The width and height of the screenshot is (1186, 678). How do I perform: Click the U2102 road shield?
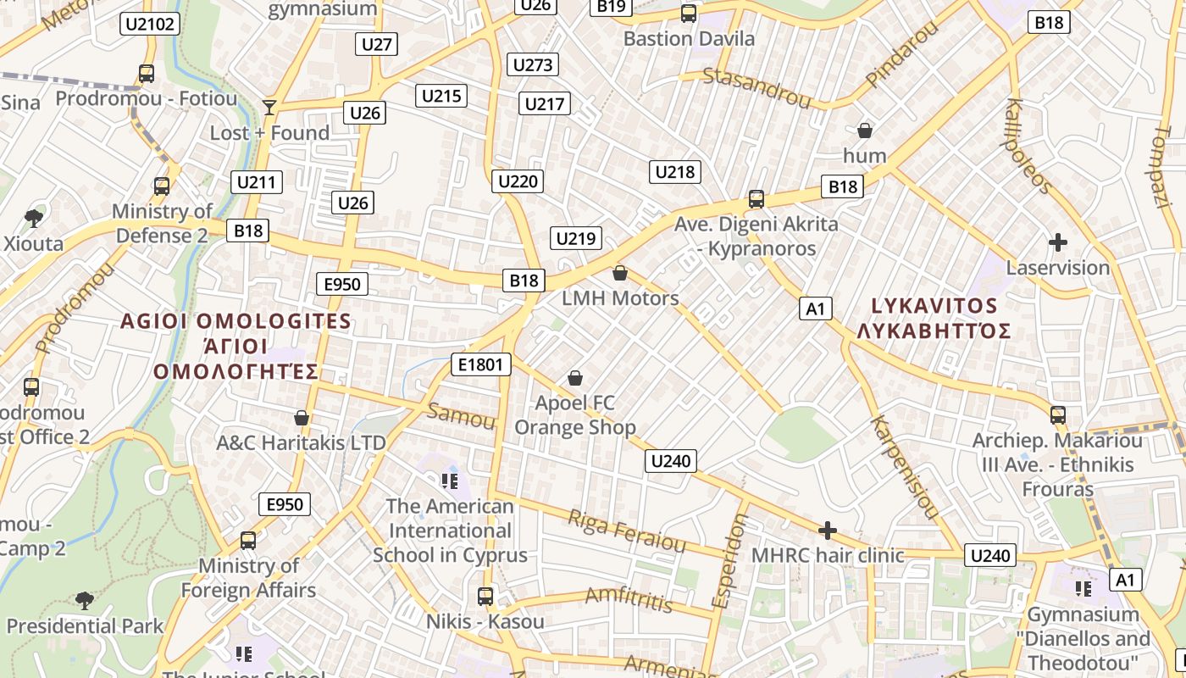tap(150, 24)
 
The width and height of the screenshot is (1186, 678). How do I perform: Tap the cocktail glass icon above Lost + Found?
tap(269, 107)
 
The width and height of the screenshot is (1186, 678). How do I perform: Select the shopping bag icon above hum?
tap(865, 131)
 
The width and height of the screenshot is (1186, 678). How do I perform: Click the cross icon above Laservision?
tap(1057, 242)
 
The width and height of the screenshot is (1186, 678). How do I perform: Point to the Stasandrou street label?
tap(756, 87)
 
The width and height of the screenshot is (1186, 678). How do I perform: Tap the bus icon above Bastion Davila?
tap(689, 14)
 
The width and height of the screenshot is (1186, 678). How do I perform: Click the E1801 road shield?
tap(482, 364)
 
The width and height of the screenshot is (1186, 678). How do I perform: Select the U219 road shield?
tap(576, 238)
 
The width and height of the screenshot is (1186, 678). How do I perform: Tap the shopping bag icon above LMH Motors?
tap(620, 273)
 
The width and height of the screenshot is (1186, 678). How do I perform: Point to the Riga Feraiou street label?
tap(626, 530)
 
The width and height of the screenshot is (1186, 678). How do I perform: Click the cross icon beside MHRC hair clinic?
tap(828, 531)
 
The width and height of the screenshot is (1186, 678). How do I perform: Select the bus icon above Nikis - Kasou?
tap(485, 597)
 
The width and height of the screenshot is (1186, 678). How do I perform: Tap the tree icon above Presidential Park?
tap(85, 601)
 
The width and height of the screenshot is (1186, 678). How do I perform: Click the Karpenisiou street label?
tap(905, 467)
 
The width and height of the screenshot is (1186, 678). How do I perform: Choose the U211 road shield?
tap(257, 181)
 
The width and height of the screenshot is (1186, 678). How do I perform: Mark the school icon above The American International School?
tap(449, 481)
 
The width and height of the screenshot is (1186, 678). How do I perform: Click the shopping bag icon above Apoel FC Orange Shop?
tap(575, 378)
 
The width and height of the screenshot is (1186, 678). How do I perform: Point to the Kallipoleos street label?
tap(1028, 146)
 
